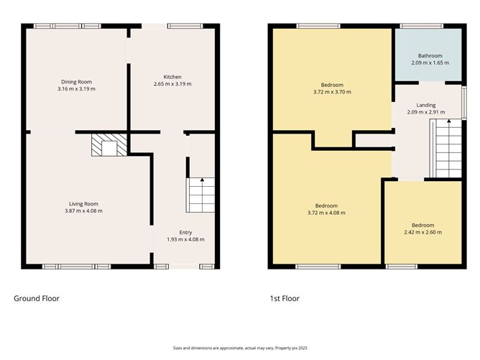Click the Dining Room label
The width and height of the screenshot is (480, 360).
click(76, 81)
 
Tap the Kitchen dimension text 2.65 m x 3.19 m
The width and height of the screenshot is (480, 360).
click(172, 84)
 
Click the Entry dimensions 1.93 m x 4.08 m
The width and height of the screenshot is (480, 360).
click(186, 239)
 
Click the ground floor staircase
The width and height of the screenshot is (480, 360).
click(200, 195)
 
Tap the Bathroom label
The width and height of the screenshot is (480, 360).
click(430, 56)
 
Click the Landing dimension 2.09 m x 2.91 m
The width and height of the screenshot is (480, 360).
click(426, 112)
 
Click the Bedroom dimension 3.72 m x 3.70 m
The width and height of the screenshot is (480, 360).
click(328, 92)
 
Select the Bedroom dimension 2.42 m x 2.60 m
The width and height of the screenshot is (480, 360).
click(423, 232)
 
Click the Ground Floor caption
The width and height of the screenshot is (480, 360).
click(37, 298)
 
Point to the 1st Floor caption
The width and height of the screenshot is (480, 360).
click(284, 298)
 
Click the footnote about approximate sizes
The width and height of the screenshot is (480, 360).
click(239, 347)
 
